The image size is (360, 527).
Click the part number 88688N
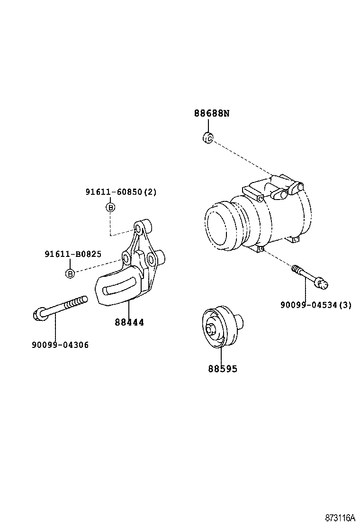coord(211,113)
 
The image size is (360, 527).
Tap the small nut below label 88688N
coord(207,138)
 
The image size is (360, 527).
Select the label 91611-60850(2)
coord(121,192)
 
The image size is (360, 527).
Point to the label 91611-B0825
coord(73,254)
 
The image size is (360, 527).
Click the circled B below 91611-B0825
coord(70,273)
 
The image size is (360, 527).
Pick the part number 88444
coord(129,322)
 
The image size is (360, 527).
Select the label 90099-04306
coord(60,345)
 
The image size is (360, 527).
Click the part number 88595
coord(222,369)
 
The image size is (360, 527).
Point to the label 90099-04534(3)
coord(315,305)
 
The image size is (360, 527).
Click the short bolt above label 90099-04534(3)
coord(310,276)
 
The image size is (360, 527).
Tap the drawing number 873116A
coord(340,517)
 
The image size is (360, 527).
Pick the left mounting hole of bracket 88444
coord(126,258)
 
